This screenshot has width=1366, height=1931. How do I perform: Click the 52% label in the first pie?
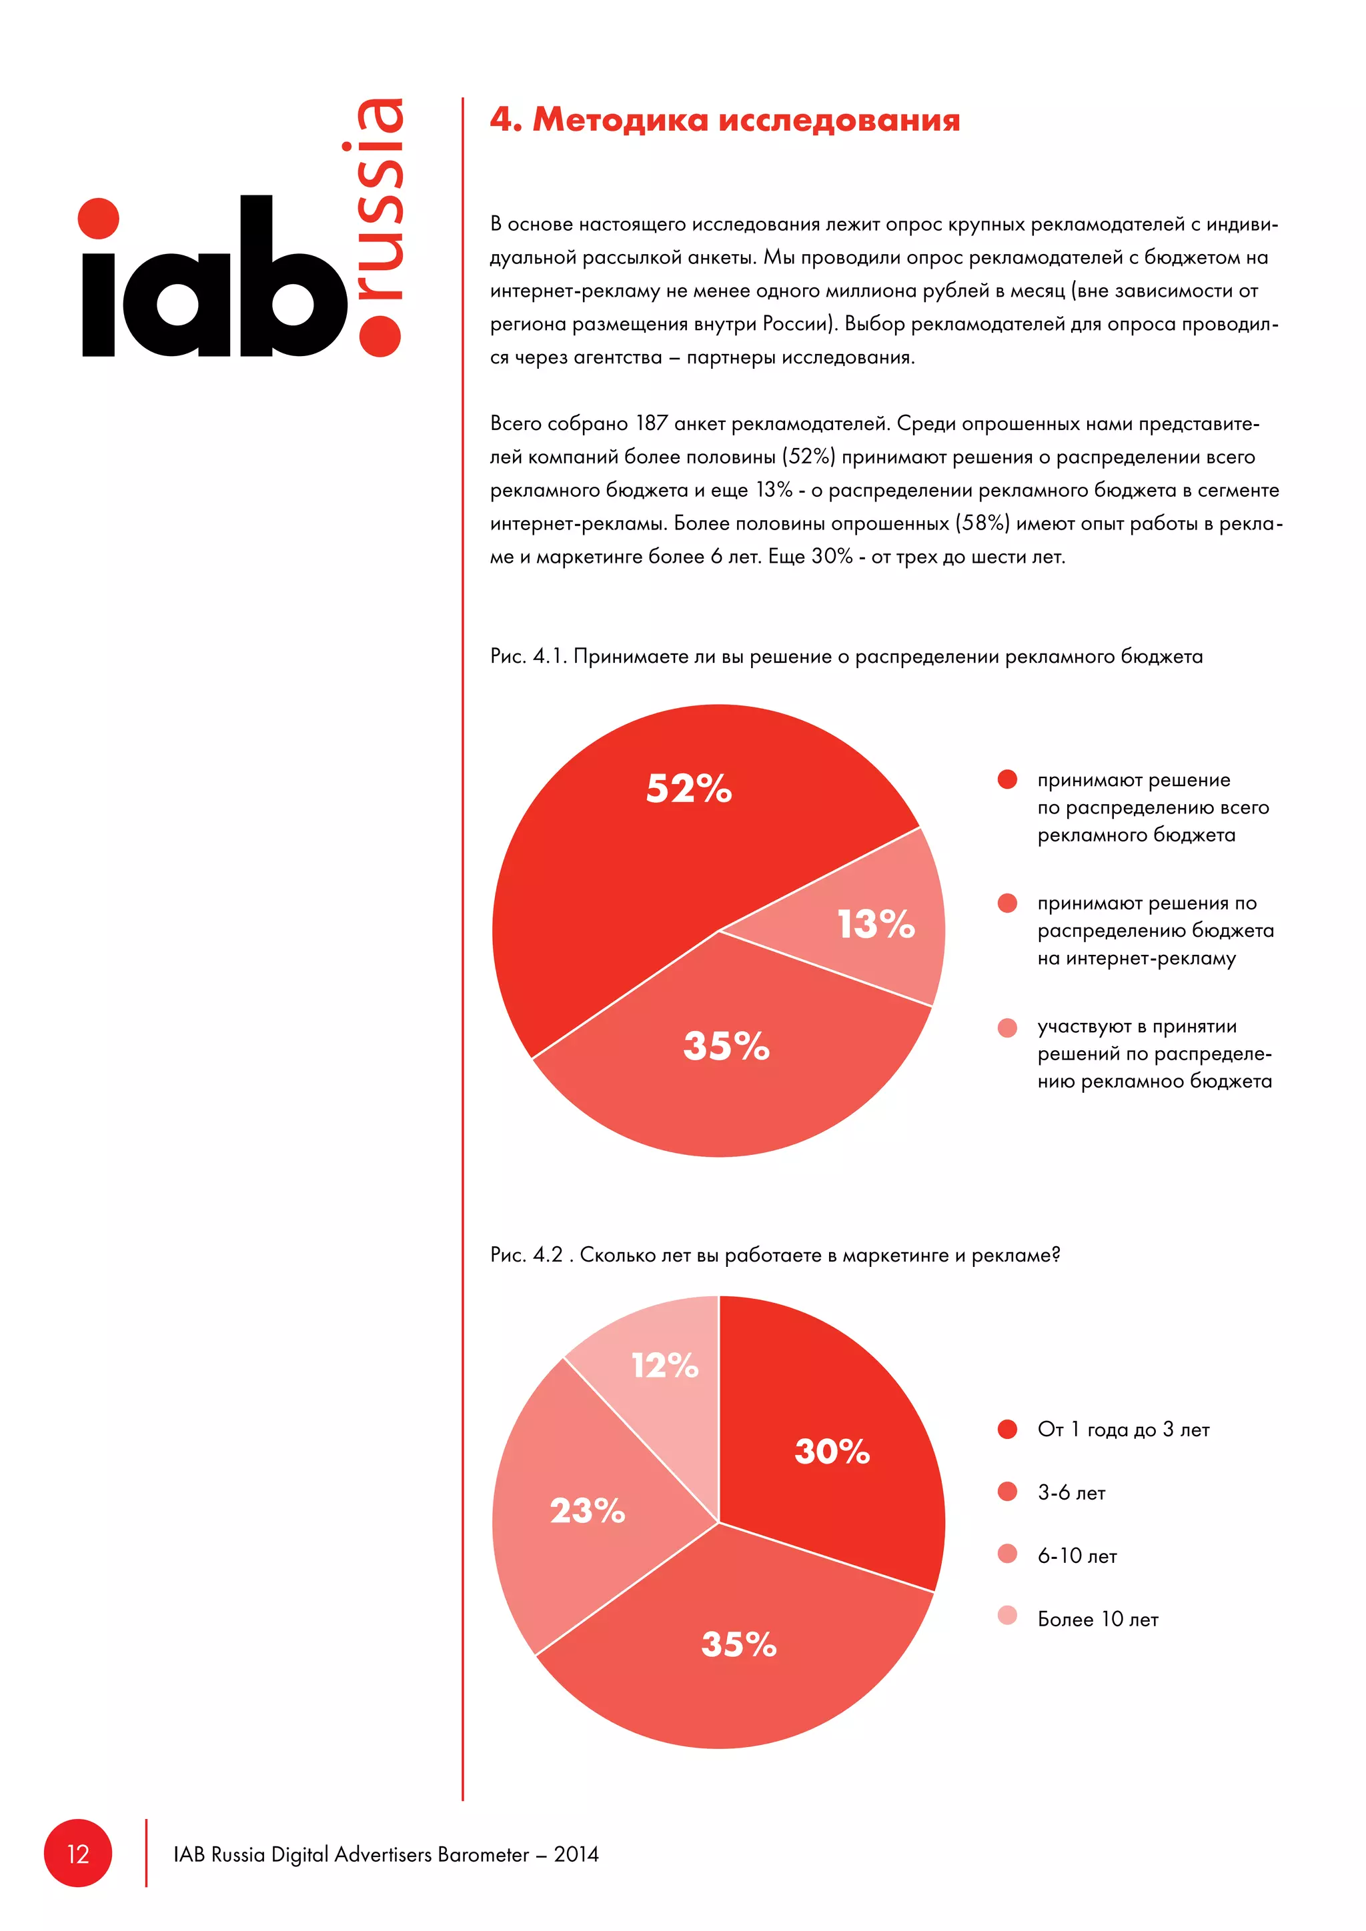point(688,789)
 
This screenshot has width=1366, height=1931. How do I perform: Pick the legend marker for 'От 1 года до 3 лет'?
point(1007,1429)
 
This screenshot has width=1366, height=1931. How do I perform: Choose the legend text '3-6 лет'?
point(1071,1493)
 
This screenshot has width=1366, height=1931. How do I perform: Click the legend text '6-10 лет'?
point(1077,1556)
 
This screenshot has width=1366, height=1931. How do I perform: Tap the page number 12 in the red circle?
point(78,1854)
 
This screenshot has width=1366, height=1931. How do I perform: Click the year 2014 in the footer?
point(576,1854)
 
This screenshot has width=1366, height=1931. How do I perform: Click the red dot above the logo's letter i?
point(99,218)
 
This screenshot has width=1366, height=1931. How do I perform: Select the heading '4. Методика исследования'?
point(724,120)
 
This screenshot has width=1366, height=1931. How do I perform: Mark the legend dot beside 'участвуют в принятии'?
point(1007,1028)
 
